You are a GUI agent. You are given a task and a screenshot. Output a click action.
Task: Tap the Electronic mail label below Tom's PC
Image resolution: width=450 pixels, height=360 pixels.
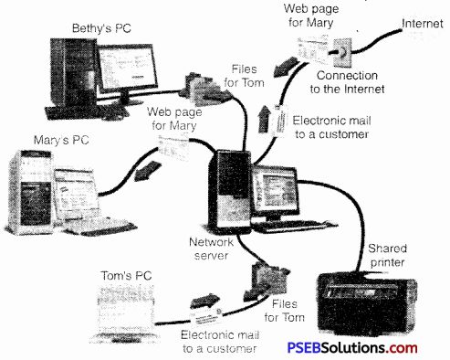click(x=211, y=342)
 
